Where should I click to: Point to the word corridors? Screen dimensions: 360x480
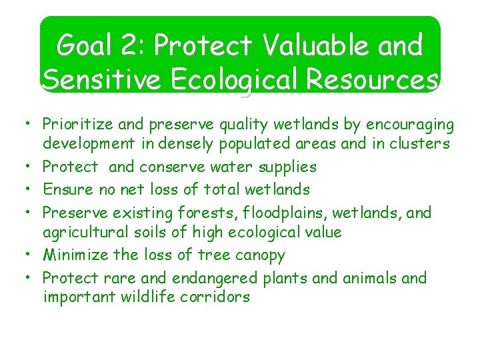pyautogui.click(x=219, y=297)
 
